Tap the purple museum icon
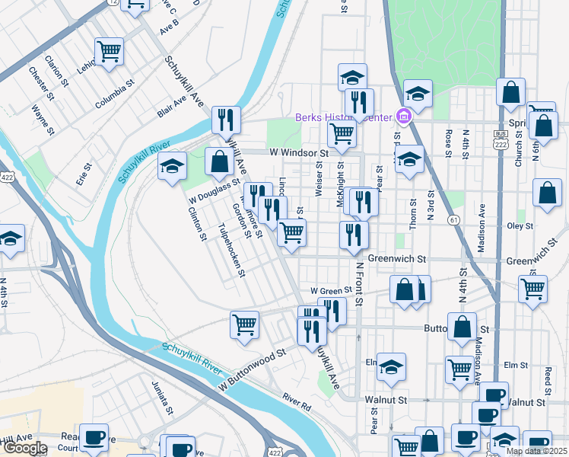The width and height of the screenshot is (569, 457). tap(404, 117)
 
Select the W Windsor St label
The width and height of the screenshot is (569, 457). tap(298, 153)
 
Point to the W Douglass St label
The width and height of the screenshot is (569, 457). tap(215, 190)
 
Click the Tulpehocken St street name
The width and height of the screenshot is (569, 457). tap(230, 249)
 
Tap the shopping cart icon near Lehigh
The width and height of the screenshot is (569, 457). tap(110, 52)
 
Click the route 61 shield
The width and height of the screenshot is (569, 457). tap(453, 220)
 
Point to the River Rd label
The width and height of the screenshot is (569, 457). tap(297, 401)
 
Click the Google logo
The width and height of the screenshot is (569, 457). tap(24, 448)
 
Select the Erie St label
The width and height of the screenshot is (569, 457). tap(84, 175)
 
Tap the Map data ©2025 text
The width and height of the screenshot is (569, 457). tap(537, 451)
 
